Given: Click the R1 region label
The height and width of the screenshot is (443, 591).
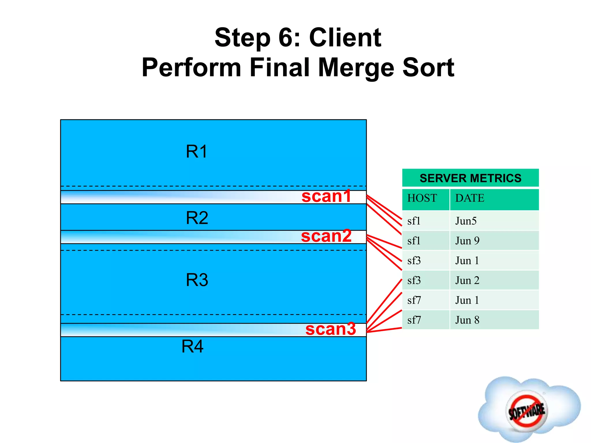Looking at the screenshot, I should [x=197, y=151].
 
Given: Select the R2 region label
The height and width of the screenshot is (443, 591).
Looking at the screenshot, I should [x=197, y=218].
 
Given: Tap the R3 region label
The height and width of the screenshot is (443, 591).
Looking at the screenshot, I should [x=197, y=280].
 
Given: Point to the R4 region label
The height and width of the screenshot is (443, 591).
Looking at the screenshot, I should [x=192, y=346].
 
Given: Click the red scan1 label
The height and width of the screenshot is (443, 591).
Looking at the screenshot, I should [x=326, y=196].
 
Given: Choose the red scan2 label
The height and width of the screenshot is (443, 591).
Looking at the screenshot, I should [x=326, y=236].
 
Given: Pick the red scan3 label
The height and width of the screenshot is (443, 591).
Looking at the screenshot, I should [x=331, y=329].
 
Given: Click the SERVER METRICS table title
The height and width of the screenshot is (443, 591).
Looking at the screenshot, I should [x=470, y=178].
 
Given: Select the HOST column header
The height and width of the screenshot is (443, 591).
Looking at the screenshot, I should [x=422, y=198].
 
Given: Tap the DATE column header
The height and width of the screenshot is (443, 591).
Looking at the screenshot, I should [x=470, y=198].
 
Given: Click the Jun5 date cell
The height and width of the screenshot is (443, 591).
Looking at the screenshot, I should [x=466, y=221].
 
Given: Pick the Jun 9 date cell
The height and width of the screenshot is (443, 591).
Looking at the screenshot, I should [x=467, y=241].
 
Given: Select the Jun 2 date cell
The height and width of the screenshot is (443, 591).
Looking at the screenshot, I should [x=467, y=281].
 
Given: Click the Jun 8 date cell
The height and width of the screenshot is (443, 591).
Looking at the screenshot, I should [x=467, y=320].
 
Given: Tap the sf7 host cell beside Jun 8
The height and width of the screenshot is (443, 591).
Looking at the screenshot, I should [x=414, y=320].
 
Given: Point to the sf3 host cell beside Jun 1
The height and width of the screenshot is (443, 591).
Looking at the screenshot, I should [x=414, y=261].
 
